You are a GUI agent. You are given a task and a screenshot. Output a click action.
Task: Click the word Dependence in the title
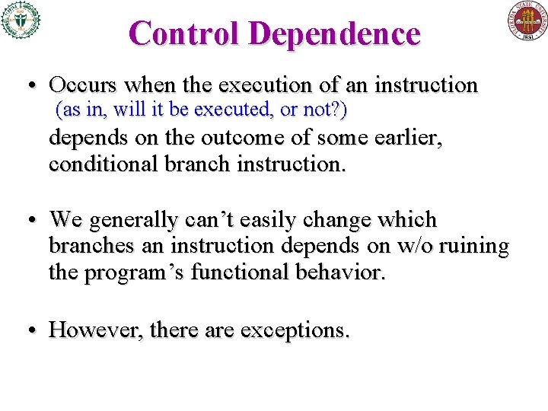pyautogui.click(x=334, y=33)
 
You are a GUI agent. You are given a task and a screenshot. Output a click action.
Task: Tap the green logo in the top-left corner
pyautogui.click(x=21, y=20)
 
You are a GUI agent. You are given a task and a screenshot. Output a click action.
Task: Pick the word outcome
pyautogui.click(x=232, y=140)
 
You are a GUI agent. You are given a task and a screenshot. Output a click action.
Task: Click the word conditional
pyautogui.click(x=102, y=164)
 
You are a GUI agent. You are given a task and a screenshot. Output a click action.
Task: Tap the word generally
pyautogui.click(x=136, y=221)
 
